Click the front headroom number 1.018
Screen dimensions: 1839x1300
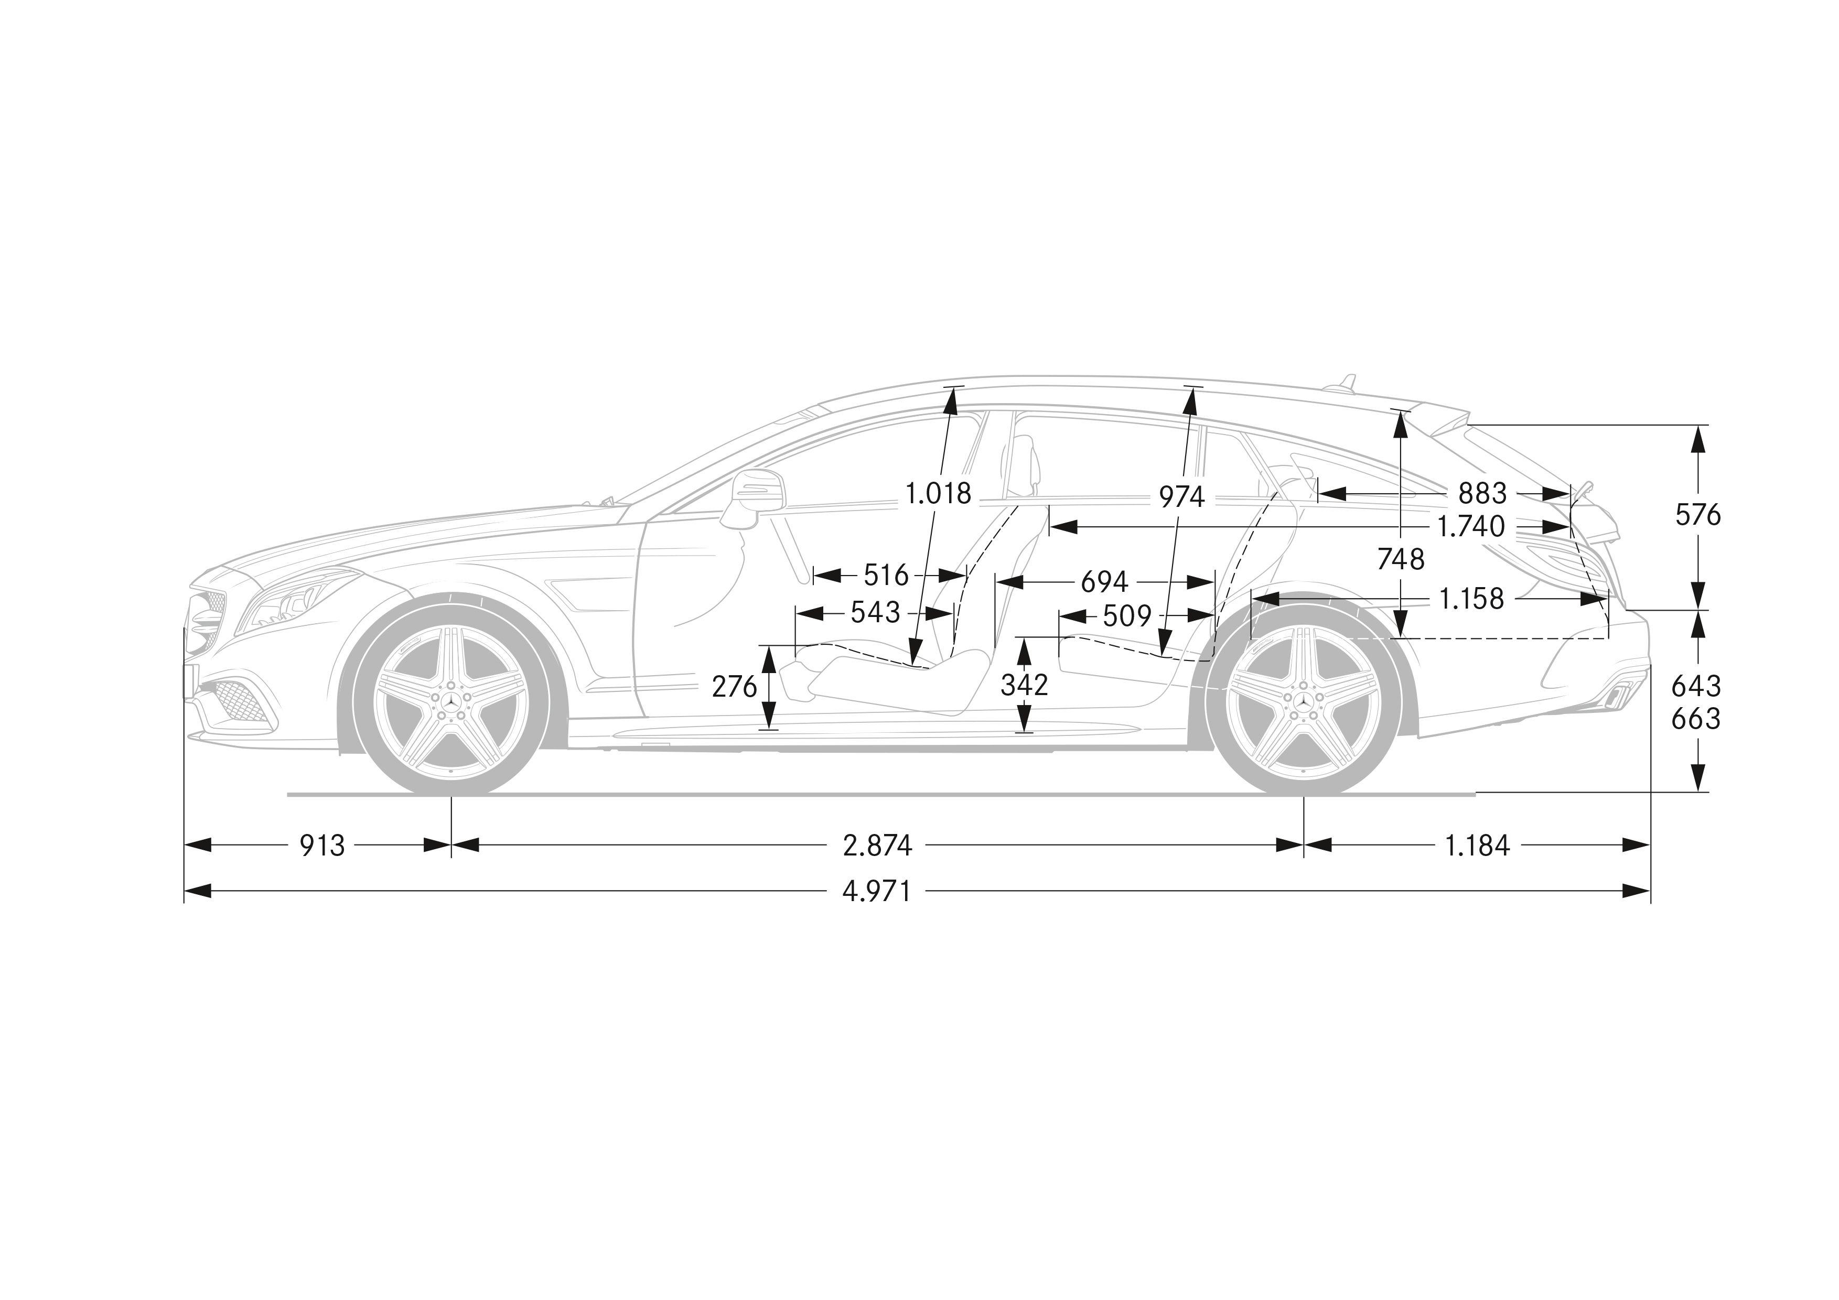coord(938,493)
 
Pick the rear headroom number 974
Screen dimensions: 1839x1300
coord(1181,497)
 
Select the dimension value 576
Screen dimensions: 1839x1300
coord(1698,515)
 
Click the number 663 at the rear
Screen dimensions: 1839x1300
coord(1696,719)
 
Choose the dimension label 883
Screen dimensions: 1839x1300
coord(1482,493)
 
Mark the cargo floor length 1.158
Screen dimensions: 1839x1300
coord(1471,599)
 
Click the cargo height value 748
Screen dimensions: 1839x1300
coord(1401,559)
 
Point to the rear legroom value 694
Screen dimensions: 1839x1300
coord(1104,582)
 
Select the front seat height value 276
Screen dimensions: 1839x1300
coord(735,686)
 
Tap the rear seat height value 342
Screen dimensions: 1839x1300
coord(1025,685)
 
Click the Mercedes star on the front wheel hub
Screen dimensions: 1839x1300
coord(451,700)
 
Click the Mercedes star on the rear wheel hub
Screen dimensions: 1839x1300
coord(1303,700)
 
